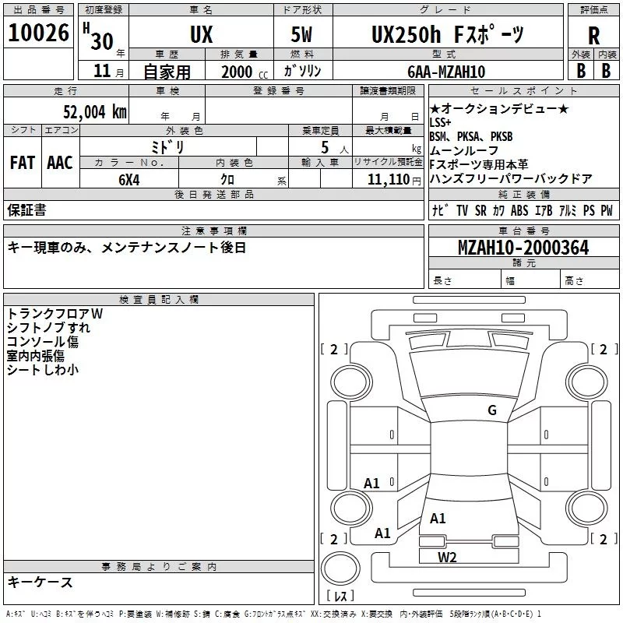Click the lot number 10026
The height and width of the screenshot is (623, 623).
point(39,34)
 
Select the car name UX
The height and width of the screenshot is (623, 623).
point(201,35)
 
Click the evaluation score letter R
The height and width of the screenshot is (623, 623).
point(593,35)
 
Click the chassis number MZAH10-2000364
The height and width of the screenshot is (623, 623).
point(523,248)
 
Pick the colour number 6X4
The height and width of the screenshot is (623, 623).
point(129,180)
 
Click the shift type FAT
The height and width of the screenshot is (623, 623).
point(22,163)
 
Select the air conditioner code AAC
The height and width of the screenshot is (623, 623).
point(60,163)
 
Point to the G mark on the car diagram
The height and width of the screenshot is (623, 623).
point(491,410)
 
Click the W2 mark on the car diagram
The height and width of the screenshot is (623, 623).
point(447,557)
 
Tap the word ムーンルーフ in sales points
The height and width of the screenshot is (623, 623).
point(464,150)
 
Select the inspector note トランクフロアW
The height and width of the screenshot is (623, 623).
point(55,314)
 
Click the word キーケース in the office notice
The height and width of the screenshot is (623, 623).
point(40,582)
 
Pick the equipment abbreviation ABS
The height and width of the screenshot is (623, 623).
point(519,210)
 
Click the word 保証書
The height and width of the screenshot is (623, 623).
point(26,210)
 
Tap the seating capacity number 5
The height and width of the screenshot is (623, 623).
point(323,147)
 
